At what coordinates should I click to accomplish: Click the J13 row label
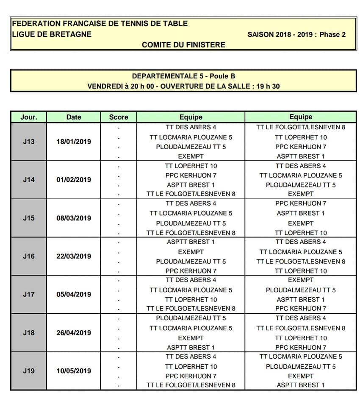[x=29, y=142]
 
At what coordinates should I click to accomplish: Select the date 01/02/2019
[x=74, y=180]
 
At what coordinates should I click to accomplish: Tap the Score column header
[x=119, y=117]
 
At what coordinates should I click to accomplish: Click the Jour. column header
[x=29, y=117]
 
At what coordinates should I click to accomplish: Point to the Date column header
[x=74, y=117]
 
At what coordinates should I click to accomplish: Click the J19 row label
[x=29, y=371]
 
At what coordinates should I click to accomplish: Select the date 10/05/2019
[x=74, y=371]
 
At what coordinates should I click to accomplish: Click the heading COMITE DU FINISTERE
[x=183, y=45]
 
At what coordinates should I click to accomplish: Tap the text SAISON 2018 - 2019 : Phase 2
[x=296, y=34]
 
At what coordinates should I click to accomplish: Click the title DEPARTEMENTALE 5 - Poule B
[x=183, y=76]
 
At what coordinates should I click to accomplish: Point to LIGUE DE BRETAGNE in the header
[x=52, y=34]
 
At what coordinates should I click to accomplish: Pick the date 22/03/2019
[x=74, y=256]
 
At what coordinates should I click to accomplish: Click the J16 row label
[x=29, y=256]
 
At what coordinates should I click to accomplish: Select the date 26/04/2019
[x=74, y=333]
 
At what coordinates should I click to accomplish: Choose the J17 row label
[x=29, y=294]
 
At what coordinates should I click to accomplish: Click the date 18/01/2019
[x=74, y=142]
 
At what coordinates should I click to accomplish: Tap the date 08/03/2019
[x=74, y=218]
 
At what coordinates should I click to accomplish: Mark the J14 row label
[x=29, y=180]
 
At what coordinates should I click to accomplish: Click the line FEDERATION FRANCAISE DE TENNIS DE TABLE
[x=100, y=24]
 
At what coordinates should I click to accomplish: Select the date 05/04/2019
[x=74, y=294]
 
